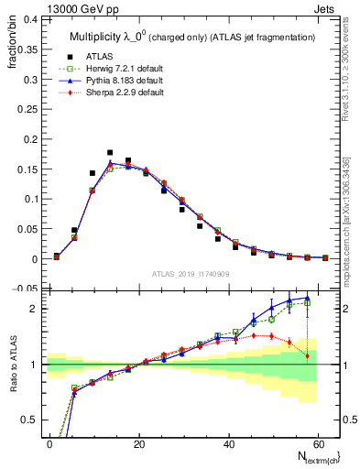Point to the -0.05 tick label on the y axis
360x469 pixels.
[26, 289]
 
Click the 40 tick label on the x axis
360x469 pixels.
[228, 443]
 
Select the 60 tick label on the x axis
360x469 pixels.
[317, 443]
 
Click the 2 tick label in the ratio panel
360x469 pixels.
[34, 309]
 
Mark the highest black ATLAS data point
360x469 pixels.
[110, 152]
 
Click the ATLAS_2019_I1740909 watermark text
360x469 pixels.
[191, 274]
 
